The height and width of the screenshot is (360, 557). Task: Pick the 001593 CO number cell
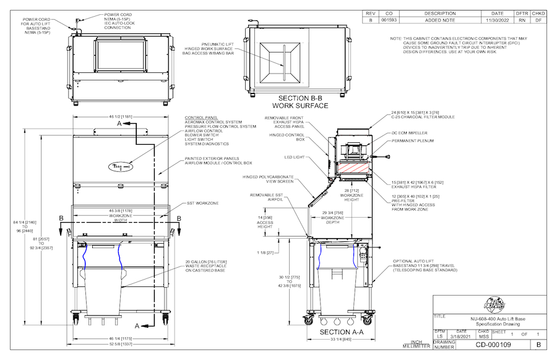click(389, 20)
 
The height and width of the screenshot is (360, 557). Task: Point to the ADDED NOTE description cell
click(440, 20)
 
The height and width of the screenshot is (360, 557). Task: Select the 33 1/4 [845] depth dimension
click(343, 340)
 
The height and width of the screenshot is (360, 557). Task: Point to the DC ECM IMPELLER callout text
click(410, 132)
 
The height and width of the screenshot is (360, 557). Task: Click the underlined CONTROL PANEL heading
click(201, 117)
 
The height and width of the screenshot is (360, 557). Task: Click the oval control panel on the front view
click(122, 166)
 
